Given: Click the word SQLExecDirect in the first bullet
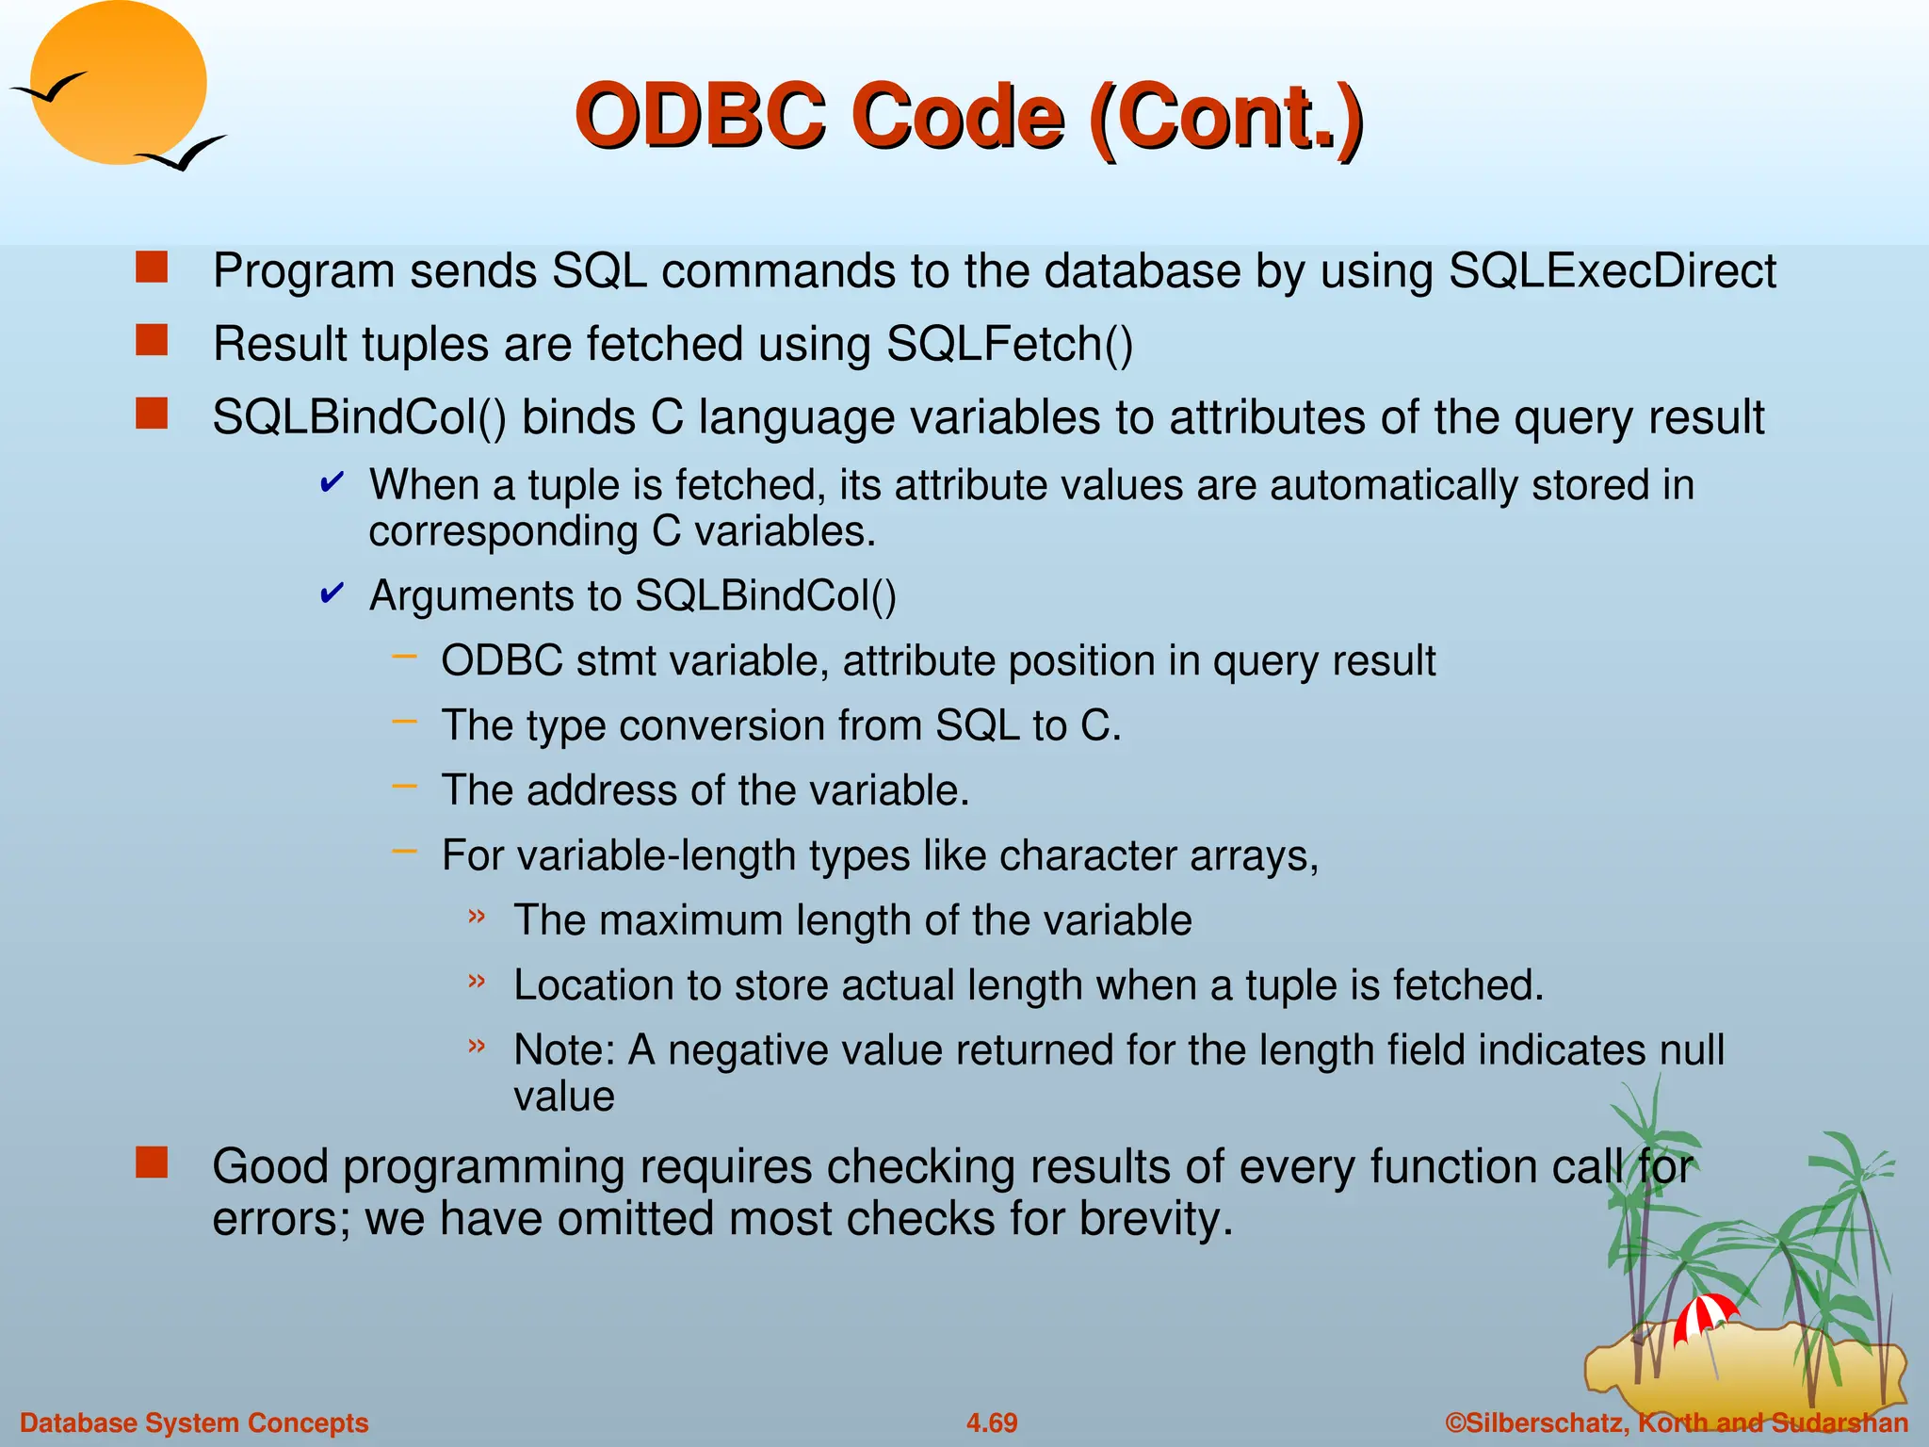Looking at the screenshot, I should click(x=1612, y=271).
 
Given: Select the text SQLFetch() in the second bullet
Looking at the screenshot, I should click(x=1009, y=344).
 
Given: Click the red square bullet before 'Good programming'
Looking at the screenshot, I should click(x=151, y=1163).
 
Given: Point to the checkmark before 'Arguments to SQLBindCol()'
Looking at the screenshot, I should click(x=332, y=593).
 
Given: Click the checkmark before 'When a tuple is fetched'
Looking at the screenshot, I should click(x=332, y=483).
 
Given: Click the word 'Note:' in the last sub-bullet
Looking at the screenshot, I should click(x=563, y=1050).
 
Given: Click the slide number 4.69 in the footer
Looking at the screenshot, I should click(x=991, y=1423).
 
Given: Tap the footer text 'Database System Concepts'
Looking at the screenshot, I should click(x=194, y=1423).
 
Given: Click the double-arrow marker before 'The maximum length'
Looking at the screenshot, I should click(x=478, y=916).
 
